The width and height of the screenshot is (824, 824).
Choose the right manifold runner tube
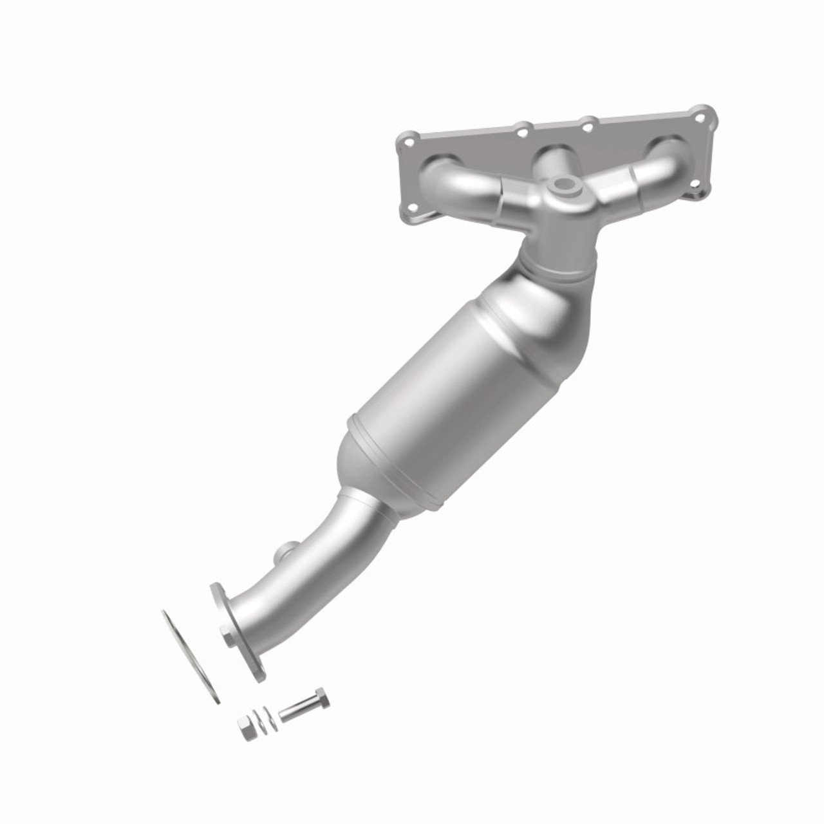pos(644,173)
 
